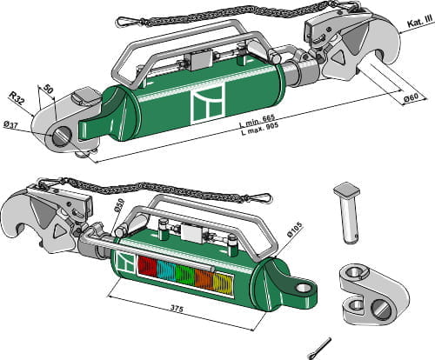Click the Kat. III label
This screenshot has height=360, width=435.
click(x=415, y=30)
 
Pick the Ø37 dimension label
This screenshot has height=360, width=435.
click(x=11, y=126)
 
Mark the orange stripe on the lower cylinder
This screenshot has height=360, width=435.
click(x=204, y=280)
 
